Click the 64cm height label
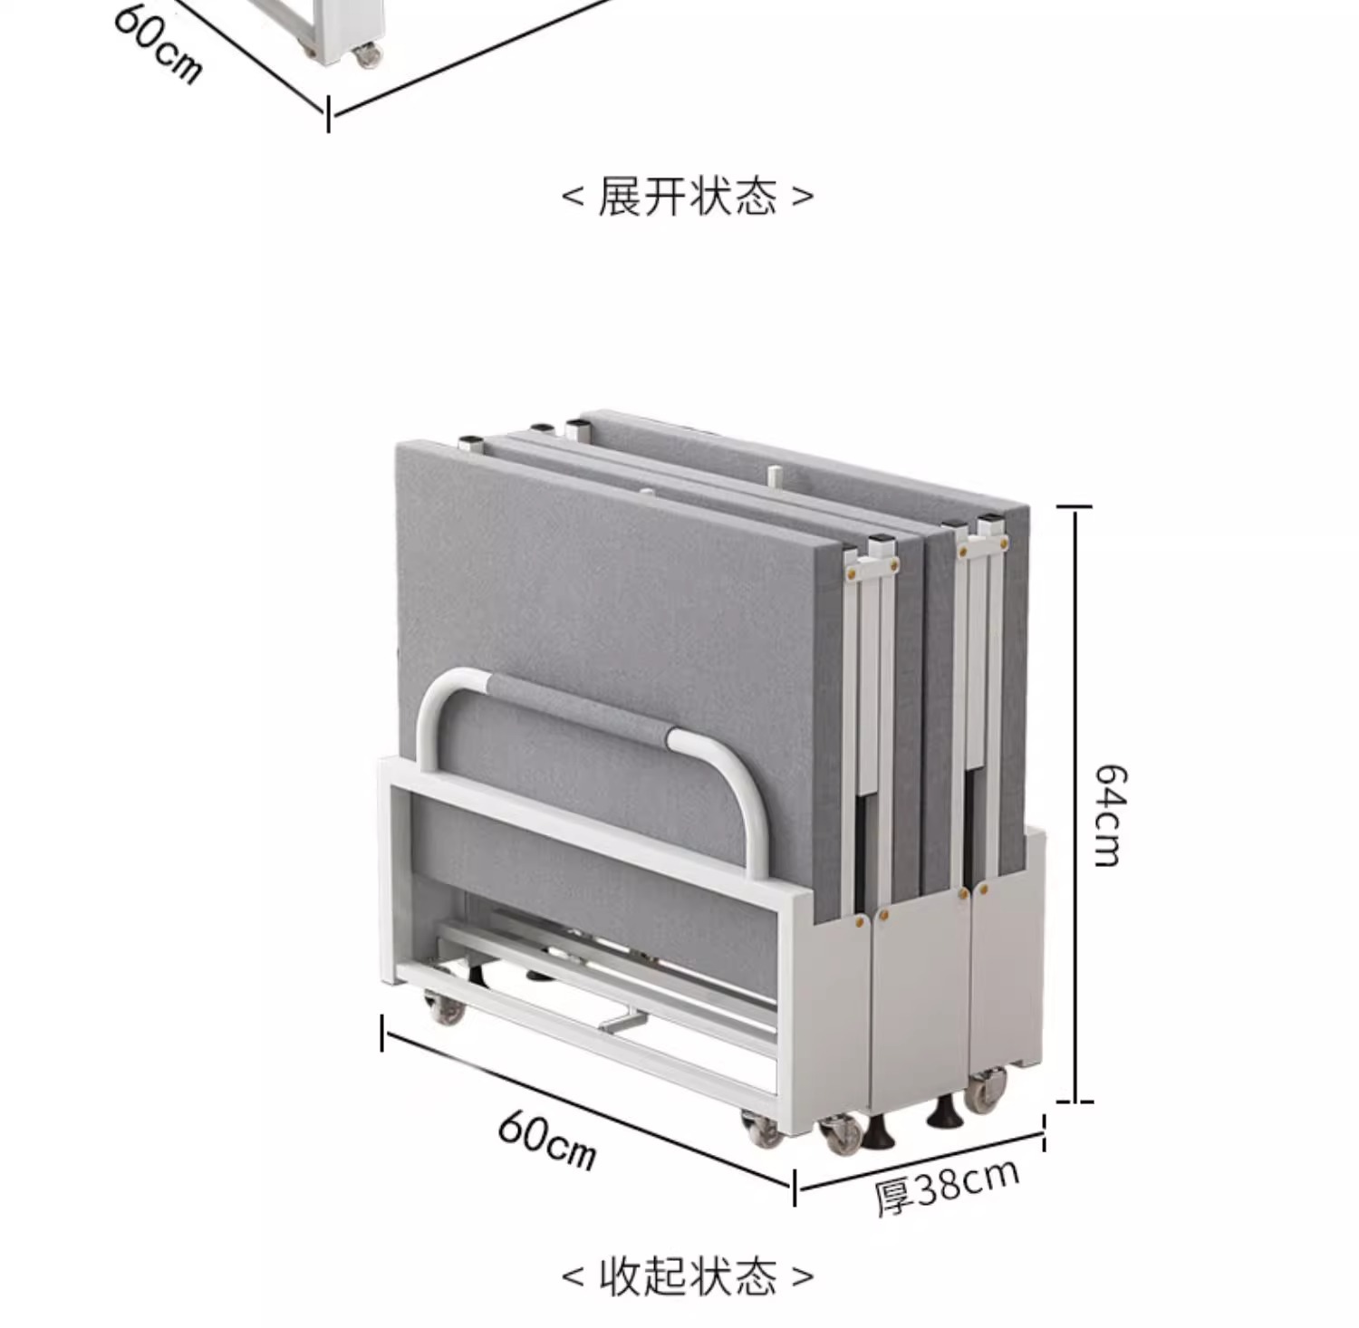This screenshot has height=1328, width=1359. [1110, 815]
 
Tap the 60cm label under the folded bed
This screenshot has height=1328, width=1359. [547, 1140]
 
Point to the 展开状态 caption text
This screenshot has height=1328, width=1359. [687, 196]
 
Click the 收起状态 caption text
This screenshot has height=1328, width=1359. [688, 1275]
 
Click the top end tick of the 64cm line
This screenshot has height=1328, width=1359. [1075, 508]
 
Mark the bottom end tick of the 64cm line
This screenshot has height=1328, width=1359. [1075, 1102]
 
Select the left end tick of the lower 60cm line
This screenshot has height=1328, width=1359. [382, 1034]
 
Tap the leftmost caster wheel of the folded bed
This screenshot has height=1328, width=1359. [445, 1006]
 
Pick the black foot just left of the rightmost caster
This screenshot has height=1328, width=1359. [942, 1114]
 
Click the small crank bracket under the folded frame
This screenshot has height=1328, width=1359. [622, 1023]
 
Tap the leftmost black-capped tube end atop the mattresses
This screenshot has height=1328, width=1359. [469, 444]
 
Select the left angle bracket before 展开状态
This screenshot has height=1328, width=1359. [573, 196]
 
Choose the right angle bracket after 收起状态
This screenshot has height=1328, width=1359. [803, 1275]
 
